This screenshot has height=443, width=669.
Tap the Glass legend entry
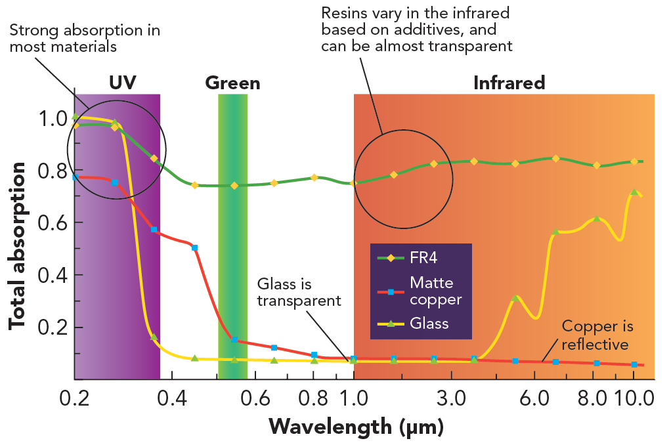429,323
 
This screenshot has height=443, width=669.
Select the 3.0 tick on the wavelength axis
451,398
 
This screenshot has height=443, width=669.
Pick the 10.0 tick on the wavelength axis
633,398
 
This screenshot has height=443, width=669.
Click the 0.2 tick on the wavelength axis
74,398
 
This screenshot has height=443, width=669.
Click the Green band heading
232,83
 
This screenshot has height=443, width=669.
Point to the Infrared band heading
509,83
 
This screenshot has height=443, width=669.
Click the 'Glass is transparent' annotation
299,293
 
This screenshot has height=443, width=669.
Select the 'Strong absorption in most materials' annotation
85,39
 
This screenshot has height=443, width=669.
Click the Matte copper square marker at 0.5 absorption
194,247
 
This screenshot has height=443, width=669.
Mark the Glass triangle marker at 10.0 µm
634,192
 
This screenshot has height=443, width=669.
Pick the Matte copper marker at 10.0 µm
634,364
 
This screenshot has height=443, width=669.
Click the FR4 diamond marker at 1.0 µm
354,182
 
